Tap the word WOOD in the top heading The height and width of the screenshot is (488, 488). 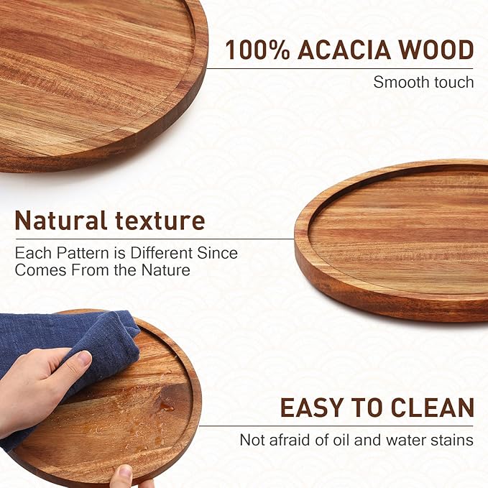click(x=437, y=50)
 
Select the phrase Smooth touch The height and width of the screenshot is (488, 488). click(x=423, y=82)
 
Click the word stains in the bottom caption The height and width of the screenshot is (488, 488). click(x=453, y=439)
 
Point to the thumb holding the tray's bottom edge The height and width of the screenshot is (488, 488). click(x=124, y=475)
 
